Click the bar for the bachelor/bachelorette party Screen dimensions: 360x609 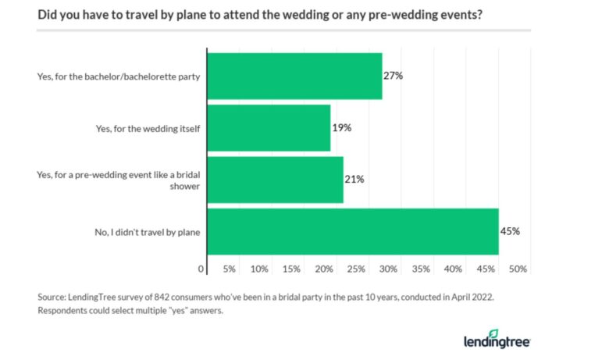click(294, 76)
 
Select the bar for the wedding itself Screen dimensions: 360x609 click(269, 127)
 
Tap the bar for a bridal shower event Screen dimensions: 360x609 click(275, 179)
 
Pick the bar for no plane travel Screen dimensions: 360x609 click(353, 231)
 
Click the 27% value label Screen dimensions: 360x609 click(392, 76)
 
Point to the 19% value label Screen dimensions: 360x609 click(340, 127)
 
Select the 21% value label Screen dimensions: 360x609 click(354, 179)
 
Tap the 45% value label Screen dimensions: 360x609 click(510, 231)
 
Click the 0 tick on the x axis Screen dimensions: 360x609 click(201, 269)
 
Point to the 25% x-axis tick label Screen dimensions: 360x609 click(357, 269)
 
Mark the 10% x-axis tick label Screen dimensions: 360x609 click(260, 269)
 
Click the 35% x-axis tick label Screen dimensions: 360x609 click(422, 269)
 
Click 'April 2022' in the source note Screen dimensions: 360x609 click(469, 297)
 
